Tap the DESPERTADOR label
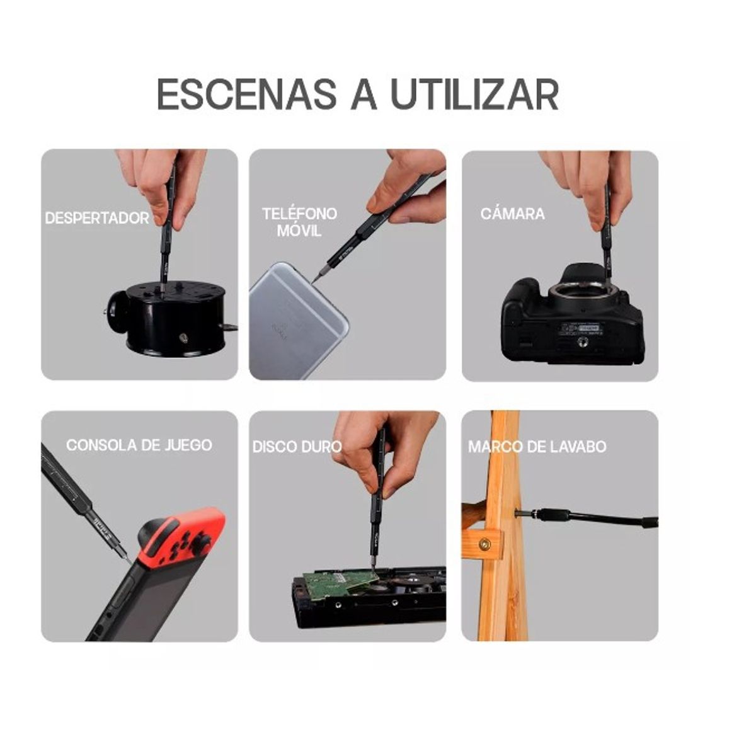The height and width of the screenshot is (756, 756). (97, 218)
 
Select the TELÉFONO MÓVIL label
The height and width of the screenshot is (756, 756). (299, 222)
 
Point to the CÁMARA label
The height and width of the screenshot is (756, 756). (512, 214)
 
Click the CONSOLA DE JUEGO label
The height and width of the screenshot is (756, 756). (139, 445)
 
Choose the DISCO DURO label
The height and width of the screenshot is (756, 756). (297, 447)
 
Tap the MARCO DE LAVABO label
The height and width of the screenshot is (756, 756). (537, 447)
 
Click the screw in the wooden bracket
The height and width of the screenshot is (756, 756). (485, 544)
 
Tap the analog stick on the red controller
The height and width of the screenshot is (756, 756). (200, 544)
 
